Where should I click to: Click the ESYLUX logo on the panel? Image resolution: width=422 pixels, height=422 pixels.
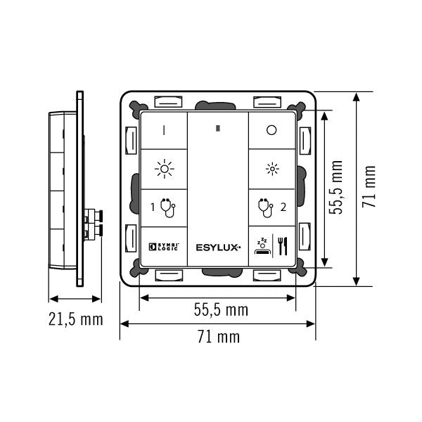tap(218, 248)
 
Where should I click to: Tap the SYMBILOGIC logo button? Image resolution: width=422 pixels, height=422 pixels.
tap(164, 247)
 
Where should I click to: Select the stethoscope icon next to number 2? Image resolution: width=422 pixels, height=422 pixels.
tap(266, 208)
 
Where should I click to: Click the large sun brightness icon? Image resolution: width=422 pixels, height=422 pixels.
tap(165, 169)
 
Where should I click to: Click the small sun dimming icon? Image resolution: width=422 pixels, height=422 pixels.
tap(272, 169)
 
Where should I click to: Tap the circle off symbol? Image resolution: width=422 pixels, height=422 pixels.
tap(271, 130)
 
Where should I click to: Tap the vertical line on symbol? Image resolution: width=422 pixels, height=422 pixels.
tap(164, 130)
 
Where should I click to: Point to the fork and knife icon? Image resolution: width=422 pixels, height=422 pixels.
tap(283, 246)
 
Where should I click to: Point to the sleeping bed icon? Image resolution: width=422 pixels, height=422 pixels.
tap(262, 246)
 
